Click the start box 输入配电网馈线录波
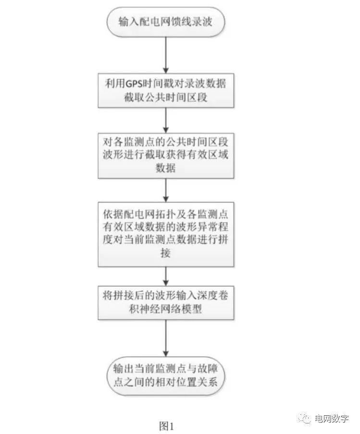tap(165, 22)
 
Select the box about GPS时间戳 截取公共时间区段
tap(165, 89)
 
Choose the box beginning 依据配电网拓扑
tap(165, 233)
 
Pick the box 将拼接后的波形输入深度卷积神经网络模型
tap(165, 302)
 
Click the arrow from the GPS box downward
tap(165, 119)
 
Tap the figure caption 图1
tap(166, 425)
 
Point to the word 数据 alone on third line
tap(165, 168)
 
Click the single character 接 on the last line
tap(165, 253)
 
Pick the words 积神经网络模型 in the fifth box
tap(165, 309)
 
